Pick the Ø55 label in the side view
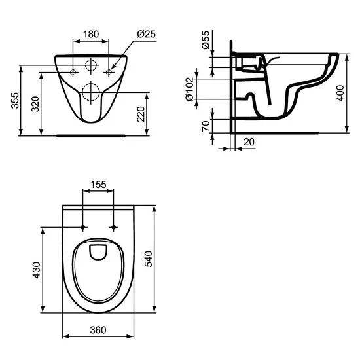[x=206, y=43]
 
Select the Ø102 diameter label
[x=190, y=88]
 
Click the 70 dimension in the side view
[x=206, y=124]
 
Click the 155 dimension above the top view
[x=98, y=185]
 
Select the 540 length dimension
[x=161, y=260]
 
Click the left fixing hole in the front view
[x=73, y=71]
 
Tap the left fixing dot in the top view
[x=82, y=227]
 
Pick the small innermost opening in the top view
[x=98, y=251]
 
